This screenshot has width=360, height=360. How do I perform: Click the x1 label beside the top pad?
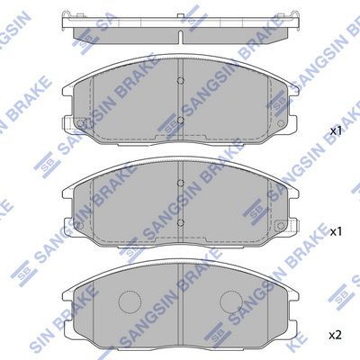point(336,131)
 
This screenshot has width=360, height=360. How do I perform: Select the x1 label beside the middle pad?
point(336,231)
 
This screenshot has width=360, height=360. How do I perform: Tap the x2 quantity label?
point(336,335)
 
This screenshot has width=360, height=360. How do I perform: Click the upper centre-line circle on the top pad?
point(180,80)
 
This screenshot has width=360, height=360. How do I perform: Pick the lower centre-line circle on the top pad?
point(180,120)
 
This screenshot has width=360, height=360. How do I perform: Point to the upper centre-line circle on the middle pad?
point(180,183)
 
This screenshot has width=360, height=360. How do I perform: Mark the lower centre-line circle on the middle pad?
point(180,222)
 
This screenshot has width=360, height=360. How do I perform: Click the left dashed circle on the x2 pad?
point(130,301)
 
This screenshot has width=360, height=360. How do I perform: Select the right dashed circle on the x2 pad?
point(230,301)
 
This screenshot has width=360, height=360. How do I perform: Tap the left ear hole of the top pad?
point(80,123)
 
